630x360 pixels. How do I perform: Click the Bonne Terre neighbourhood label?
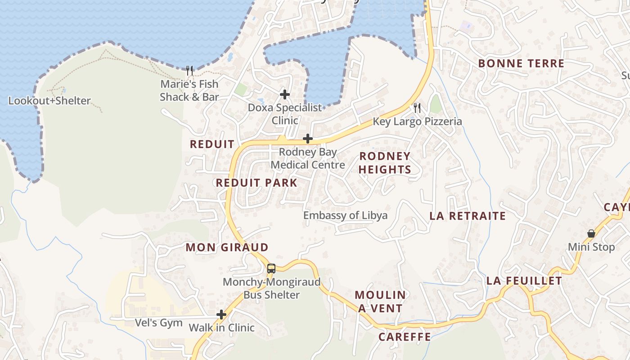[x=521, y=63]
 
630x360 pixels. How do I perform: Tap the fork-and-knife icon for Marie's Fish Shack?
[x=189, y=71]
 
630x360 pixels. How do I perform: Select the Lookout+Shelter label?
[x=49, y=101]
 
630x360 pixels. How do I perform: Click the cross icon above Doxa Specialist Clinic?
[x=284, y=94]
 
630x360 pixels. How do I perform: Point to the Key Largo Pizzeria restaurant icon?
[x=417, y=108]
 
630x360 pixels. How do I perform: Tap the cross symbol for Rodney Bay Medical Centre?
[x=308, y=139]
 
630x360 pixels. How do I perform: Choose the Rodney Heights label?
[x=385, y=163]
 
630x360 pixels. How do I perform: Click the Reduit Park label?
[x=256, y=183]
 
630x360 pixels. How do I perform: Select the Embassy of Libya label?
[x=345, y=216]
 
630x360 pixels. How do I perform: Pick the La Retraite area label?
[x=468, y=216]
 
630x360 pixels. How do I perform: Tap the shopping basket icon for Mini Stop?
[x=591, y=234]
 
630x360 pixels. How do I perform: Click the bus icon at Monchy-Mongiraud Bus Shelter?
[x=271, y=269]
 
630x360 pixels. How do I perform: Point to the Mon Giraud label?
[x=227, y=247]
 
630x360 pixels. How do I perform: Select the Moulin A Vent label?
[x=381, y=301]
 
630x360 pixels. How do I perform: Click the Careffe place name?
[x=405, y=337]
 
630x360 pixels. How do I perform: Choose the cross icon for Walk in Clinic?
[x=221, y=315]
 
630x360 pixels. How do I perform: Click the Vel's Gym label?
[x=159, y=323]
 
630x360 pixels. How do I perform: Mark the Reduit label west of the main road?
[x=212, y=144]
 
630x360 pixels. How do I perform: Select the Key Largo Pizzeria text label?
[x=417, y=121]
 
